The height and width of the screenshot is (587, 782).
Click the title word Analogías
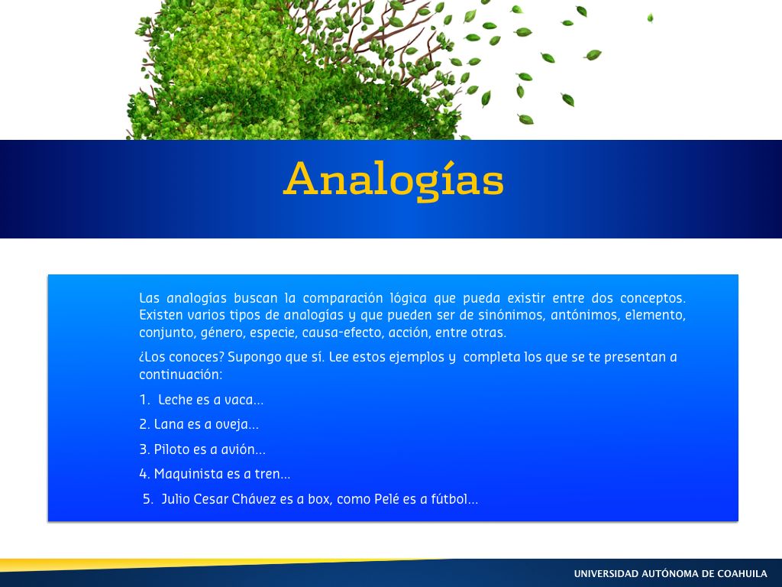point(393,179)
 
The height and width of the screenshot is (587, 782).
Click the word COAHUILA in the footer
point(742,574)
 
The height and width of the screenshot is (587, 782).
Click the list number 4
point(144,474)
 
